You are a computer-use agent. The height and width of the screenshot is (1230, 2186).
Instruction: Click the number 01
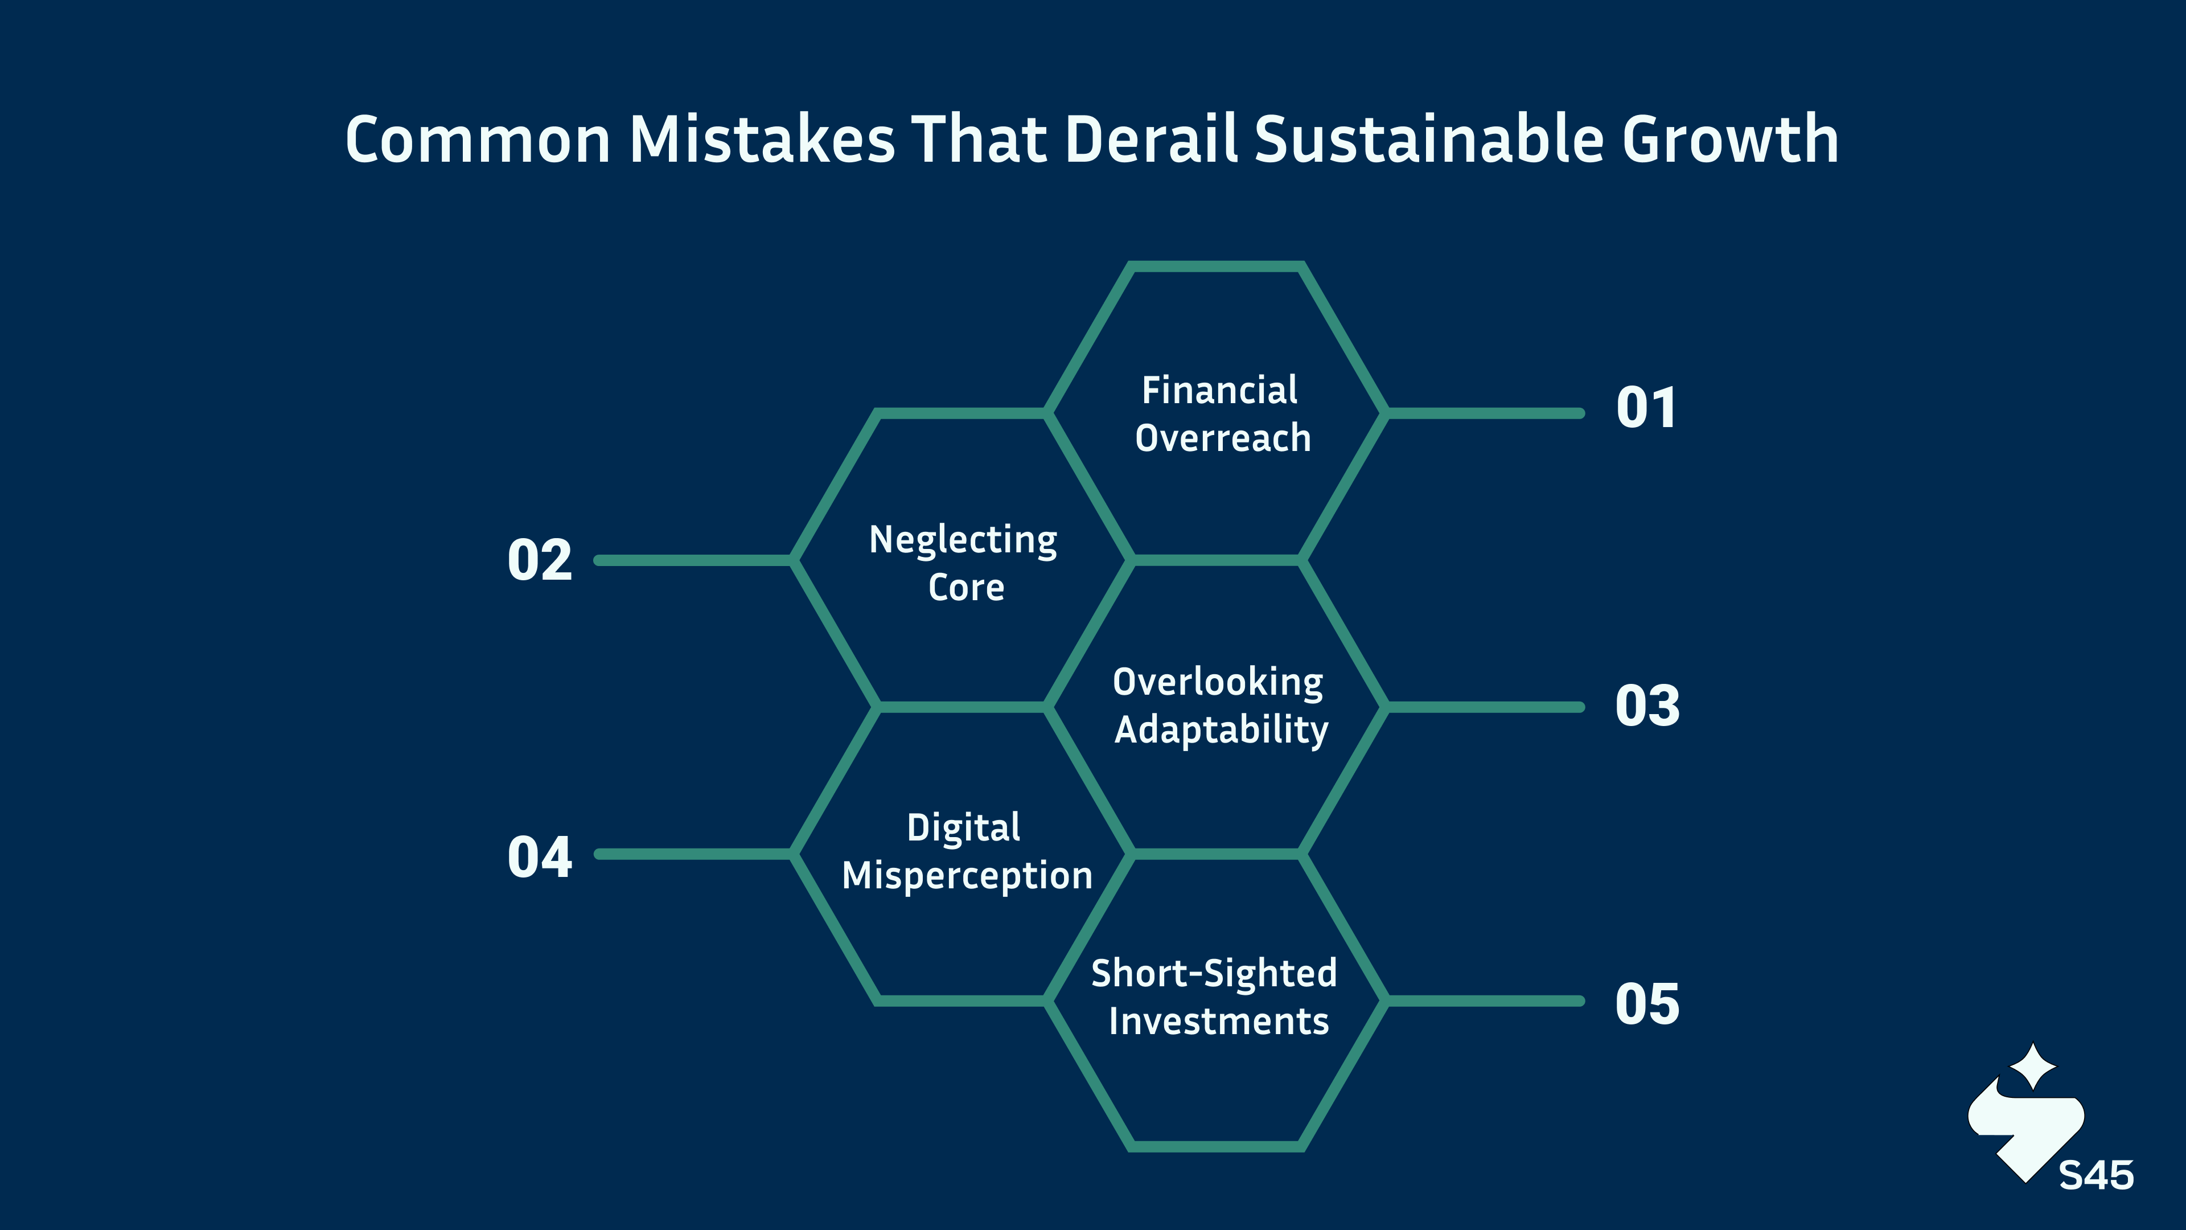coord(1646,408)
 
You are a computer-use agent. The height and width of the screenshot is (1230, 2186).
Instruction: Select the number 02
coord(540,560)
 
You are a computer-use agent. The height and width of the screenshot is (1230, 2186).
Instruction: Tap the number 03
coord(1647,706)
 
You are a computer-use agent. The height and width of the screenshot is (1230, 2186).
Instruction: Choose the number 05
coord(1647,1004)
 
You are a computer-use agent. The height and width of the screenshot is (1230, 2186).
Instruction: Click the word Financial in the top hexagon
coord(1219,391)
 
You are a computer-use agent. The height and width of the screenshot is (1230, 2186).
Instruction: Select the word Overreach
coord(1223,438)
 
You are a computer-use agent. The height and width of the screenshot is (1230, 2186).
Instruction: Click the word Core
coord(965,588)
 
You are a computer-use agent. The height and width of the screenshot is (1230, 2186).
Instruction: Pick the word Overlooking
coord(1218,683)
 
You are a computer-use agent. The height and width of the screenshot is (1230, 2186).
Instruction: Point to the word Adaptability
coord(1221,730)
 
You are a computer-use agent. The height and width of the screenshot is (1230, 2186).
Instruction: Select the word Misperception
coord(967,876)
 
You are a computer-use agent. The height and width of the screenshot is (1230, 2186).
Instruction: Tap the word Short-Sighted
coord(1214,974)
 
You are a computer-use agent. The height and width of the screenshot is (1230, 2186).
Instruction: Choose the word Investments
coord(1219,1021)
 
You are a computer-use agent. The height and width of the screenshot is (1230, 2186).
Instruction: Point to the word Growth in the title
coord(1731,138)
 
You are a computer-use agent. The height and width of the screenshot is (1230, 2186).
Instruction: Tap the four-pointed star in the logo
coord(2033,1066)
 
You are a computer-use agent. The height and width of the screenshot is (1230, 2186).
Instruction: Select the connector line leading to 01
coord(1485,413)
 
